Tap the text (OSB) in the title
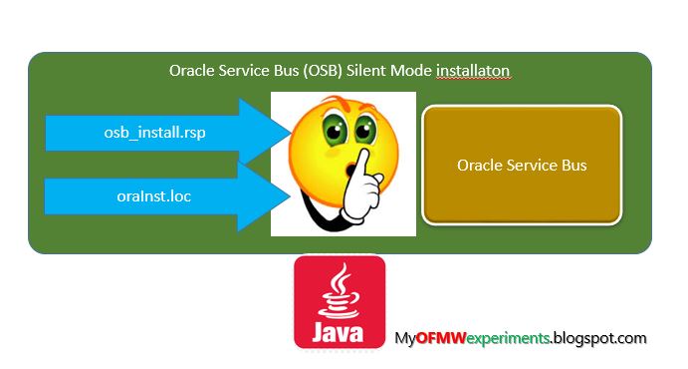316,74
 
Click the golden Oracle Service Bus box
522,165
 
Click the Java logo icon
340,301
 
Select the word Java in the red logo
340,330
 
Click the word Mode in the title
411,74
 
